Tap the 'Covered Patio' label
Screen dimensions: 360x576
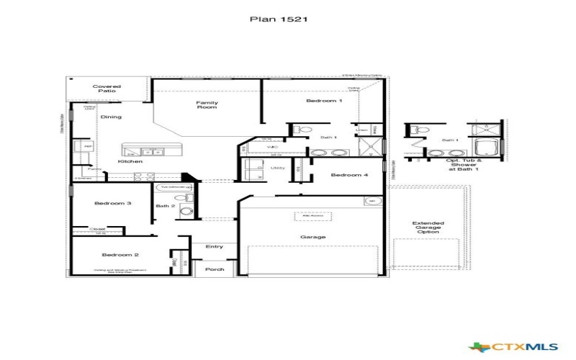pos(107,89)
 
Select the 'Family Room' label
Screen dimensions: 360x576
pos(207,105)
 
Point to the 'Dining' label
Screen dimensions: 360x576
pos(111,117)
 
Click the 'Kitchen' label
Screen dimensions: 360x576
pos(130,161)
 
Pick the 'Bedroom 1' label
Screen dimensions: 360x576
pos(324,102)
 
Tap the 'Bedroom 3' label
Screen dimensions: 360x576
pos(113,204)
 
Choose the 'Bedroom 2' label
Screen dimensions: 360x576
pos(114,255)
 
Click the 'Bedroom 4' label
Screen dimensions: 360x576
pos(349,175)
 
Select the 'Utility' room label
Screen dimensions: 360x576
pos(278,168)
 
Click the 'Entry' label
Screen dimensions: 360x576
pos(214,247)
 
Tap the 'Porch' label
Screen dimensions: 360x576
pos(215,270)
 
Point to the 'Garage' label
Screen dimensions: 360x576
pos(313,237)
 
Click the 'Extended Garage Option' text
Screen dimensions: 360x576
pos(428,228)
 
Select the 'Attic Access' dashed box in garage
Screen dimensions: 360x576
pos(312,217)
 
